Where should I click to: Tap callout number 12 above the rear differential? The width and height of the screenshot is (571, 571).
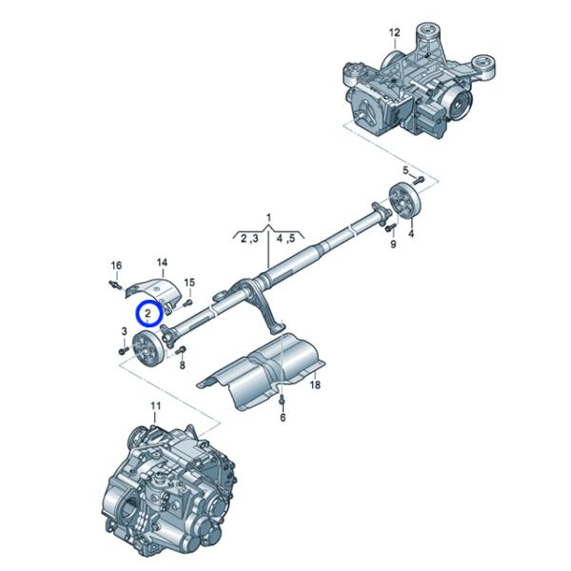pyautogui.click(x=394, y=32)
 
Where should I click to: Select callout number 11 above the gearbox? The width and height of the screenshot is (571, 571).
pyautogui.click(x=155, y=405)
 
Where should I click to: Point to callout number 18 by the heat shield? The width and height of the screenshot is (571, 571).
pyautogui.click(x=315, y=384)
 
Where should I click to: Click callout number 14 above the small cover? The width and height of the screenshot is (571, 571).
pyautogui.click(x=162, y=263)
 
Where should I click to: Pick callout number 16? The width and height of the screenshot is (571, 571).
pyautogui.click(x=116, y=266)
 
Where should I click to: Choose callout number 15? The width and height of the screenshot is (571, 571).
pyautogui.click(x=189, y=283)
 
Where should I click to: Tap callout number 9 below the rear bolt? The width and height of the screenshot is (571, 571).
pyautogui.click(x=393, y=244)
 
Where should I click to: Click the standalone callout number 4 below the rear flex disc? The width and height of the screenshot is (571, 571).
pyautogui.click(x=411, y=233)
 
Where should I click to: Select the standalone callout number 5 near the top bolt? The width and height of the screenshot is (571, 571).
pyautogui.click(x=405, y=170)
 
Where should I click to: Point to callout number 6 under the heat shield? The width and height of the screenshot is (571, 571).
pyautogui.click(x=283, y=418)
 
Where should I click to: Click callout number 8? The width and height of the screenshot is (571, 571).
pyautogui.click(x=182, y=364)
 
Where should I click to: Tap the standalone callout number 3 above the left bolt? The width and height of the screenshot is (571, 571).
pyautogui.click(x=124, y=331)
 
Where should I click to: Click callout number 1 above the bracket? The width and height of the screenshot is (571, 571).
pyautogui.click(x=268, y=218)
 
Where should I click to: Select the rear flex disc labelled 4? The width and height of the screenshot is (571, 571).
pyautogui.click(x=405, y=201)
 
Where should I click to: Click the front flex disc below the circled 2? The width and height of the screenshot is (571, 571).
pyautogui.click(x=148, y=350)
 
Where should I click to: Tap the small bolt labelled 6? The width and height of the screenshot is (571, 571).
pyautogui.click(x=282, y=400)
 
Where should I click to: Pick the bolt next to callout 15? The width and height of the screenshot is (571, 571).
pyautogui.click(x=187, y=303)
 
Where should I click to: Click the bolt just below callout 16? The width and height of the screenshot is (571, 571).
pyautogui.click(x=115, y=284)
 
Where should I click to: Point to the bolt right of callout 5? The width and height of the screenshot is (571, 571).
pyautogui.click(x=419, y=180)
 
